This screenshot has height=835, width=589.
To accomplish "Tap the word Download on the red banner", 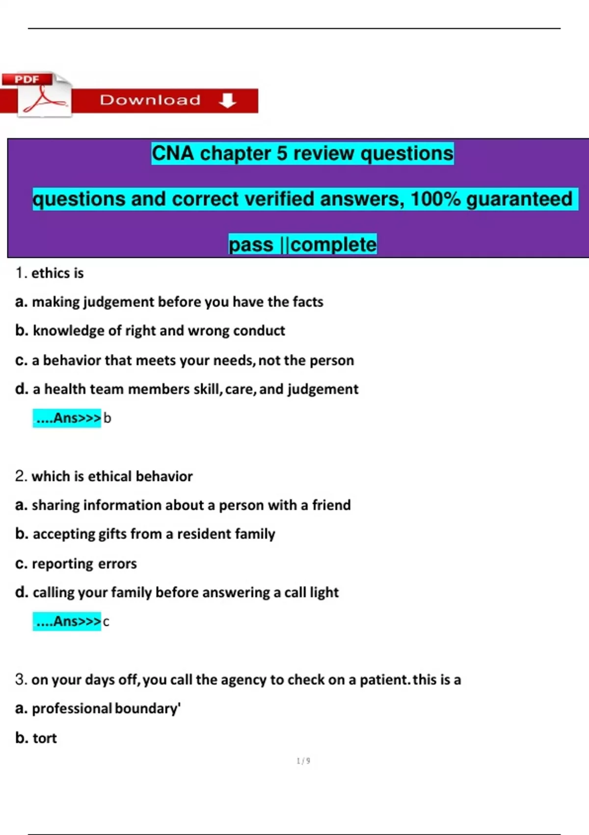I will (150, 100).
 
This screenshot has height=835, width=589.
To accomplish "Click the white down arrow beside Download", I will (227, 100).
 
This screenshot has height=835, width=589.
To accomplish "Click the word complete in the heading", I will (334, 245).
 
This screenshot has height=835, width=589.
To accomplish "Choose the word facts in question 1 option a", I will (308, 302).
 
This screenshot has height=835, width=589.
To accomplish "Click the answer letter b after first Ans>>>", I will (107, 418).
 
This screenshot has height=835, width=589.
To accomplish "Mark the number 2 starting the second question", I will (20, 476).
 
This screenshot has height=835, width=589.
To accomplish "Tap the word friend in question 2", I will (331, 505).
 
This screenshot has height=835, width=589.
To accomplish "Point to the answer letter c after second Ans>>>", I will (106, 622).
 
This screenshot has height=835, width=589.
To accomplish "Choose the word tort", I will (45, 738).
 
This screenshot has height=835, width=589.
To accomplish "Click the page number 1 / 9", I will (303, 761).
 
